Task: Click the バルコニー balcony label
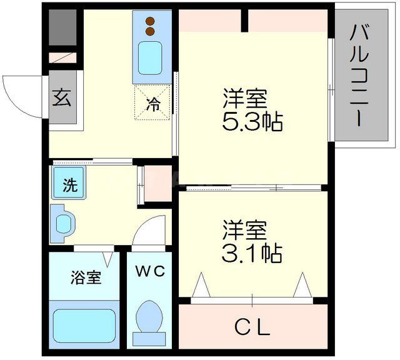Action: (358, 74)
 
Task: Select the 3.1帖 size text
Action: (252, 252)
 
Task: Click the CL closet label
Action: (252, 327)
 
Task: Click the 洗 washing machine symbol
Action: (70, 184)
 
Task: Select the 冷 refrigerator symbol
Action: (152, 105)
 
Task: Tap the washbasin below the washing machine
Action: (64, 222)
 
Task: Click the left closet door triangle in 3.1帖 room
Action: (201, 286)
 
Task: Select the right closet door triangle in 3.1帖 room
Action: (302, 286)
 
